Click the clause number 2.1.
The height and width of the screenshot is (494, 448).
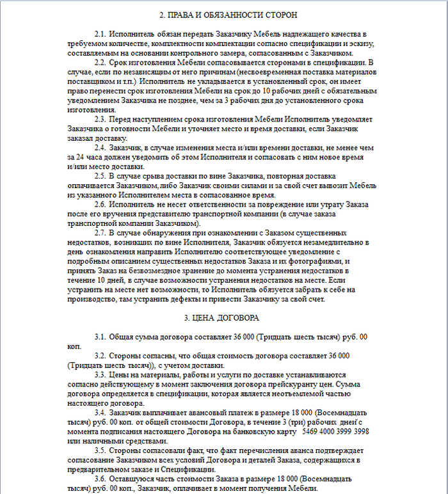100,33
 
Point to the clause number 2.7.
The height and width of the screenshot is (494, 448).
100,233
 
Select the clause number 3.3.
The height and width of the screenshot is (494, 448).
100,374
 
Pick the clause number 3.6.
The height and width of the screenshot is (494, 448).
100,479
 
